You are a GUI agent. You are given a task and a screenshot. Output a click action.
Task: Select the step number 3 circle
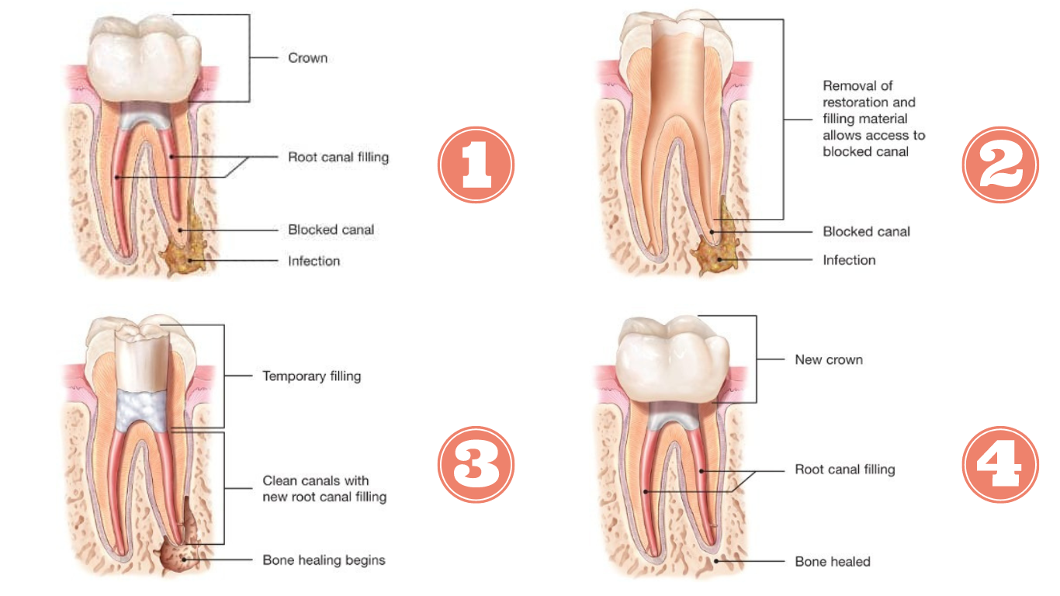[476, 465]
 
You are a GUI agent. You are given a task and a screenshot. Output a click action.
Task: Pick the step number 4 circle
[999, 465]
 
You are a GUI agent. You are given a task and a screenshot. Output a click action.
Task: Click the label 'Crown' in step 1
[307, 58]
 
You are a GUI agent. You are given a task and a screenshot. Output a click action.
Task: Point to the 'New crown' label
[828, 359]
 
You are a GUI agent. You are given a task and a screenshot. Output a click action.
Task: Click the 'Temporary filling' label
[311, 376]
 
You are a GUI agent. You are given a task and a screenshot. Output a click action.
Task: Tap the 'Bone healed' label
[832, 561]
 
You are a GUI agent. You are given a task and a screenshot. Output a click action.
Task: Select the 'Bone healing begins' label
[324, 560]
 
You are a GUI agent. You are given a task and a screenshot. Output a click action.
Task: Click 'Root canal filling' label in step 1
[338, 158]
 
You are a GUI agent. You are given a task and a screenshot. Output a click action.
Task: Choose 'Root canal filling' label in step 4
[844, 470]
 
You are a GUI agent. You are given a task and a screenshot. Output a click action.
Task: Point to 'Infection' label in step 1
[313, 261]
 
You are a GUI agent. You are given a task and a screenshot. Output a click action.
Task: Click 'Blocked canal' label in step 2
[866, 231]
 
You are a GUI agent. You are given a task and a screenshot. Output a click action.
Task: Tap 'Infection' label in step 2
[848, 260]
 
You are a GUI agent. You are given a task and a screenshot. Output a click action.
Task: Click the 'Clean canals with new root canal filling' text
[324, 488]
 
